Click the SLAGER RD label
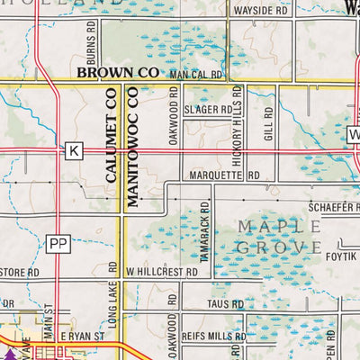coord(209,110)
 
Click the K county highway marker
coord(74,151)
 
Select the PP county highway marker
coord(58,242)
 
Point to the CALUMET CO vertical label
coord(112,148)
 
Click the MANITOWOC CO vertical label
coord(132,148)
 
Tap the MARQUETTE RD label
coord(224,175)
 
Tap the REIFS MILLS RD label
coord(213,335)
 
